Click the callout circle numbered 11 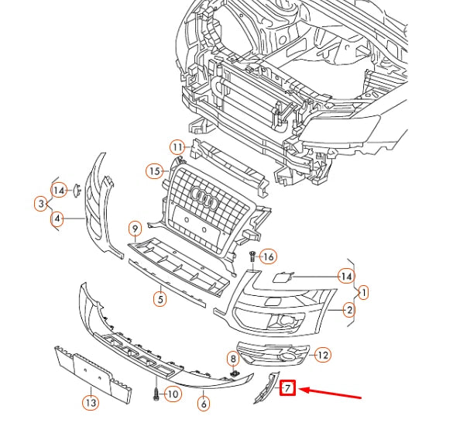[x=177, y=146]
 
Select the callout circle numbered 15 [x=155, y=170]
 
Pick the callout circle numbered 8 [x=232, y=359]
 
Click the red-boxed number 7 [x=287, y=387]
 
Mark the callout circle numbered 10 [x=172, y=395]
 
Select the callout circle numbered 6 [x=204, y=403]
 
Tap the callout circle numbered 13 [x=91, y=402]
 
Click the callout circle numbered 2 [x=349, y=311]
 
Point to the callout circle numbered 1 [x=363, y=293]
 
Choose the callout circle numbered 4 [x=57, y=219]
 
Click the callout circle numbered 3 [x=40, y=204]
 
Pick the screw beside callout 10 [x=156, y=394]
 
